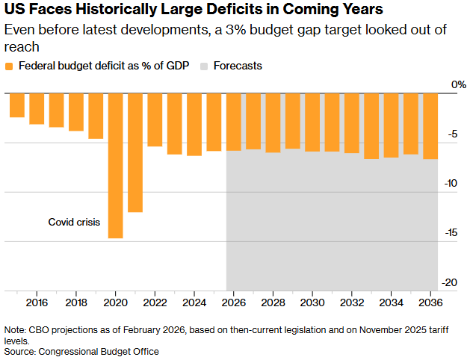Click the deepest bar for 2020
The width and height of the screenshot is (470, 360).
coord(115,165)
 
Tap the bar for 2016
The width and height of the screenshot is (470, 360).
coord(37,108)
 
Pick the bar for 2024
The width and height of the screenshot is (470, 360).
coord(194,124)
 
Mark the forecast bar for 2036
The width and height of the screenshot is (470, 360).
coord(430,126)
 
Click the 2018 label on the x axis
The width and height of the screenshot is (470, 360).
coord(76,303)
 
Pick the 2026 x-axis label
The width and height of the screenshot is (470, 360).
coord(233,303)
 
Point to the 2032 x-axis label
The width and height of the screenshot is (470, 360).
coord(351,303)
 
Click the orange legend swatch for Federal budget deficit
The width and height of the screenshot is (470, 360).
coord(9,66)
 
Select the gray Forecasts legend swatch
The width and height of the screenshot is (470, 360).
coord(204,66)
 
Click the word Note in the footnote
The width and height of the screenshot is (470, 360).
coord(13,329)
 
